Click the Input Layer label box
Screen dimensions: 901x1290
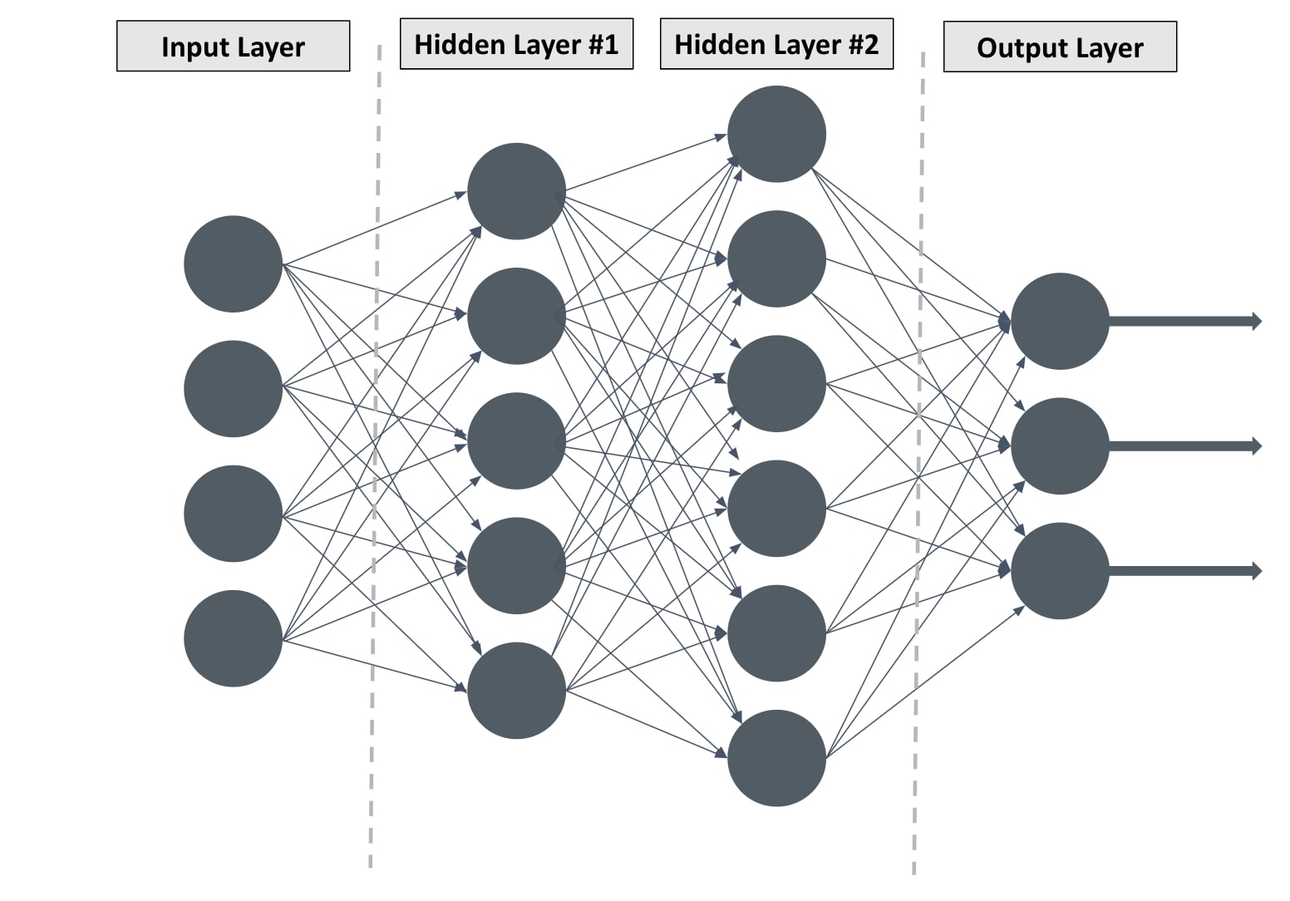pyautogui.click(x=233, y=47)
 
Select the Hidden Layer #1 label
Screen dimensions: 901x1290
pyautogui.click(x=516, y=44)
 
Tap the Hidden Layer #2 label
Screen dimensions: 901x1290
pyautogui.click(x=776, y=44)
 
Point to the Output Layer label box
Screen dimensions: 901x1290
pyautogui.click(x=1060, y=47)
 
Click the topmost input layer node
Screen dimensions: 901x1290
pyautogui.click(x=233, y=264)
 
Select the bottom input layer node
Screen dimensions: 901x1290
pyautogui.click(x=233, y=638)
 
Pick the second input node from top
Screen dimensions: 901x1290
pyautogui.click(x=233, y=389)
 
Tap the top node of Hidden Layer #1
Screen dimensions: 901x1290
pyautogui.click(x=516, y=192)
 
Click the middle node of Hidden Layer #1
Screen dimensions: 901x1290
pyautogui.click(x=516, y=441)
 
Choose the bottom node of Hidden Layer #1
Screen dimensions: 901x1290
pyautogui.click(x=516, y=691)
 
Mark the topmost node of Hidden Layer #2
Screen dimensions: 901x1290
pyautogui.click(x=776, y=134)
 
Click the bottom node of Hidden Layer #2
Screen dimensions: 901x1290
pyautogui.click(x=776, y=758)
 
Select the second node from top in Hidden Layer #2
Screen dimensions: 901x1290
pyautogui.click(x=776, y=258)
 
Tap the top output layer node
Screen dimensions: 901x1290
pyautogui.click(x=1060, y=321)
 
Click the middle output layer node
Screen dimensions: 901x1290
pyautogui.click(x=1060, y=446)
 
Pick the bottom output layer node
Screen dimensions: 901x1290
pyautogui.click(x=1060, y=571)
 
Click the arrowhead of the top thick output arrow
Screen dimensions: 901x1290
pyautogui.click(x=1256, y=321)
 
